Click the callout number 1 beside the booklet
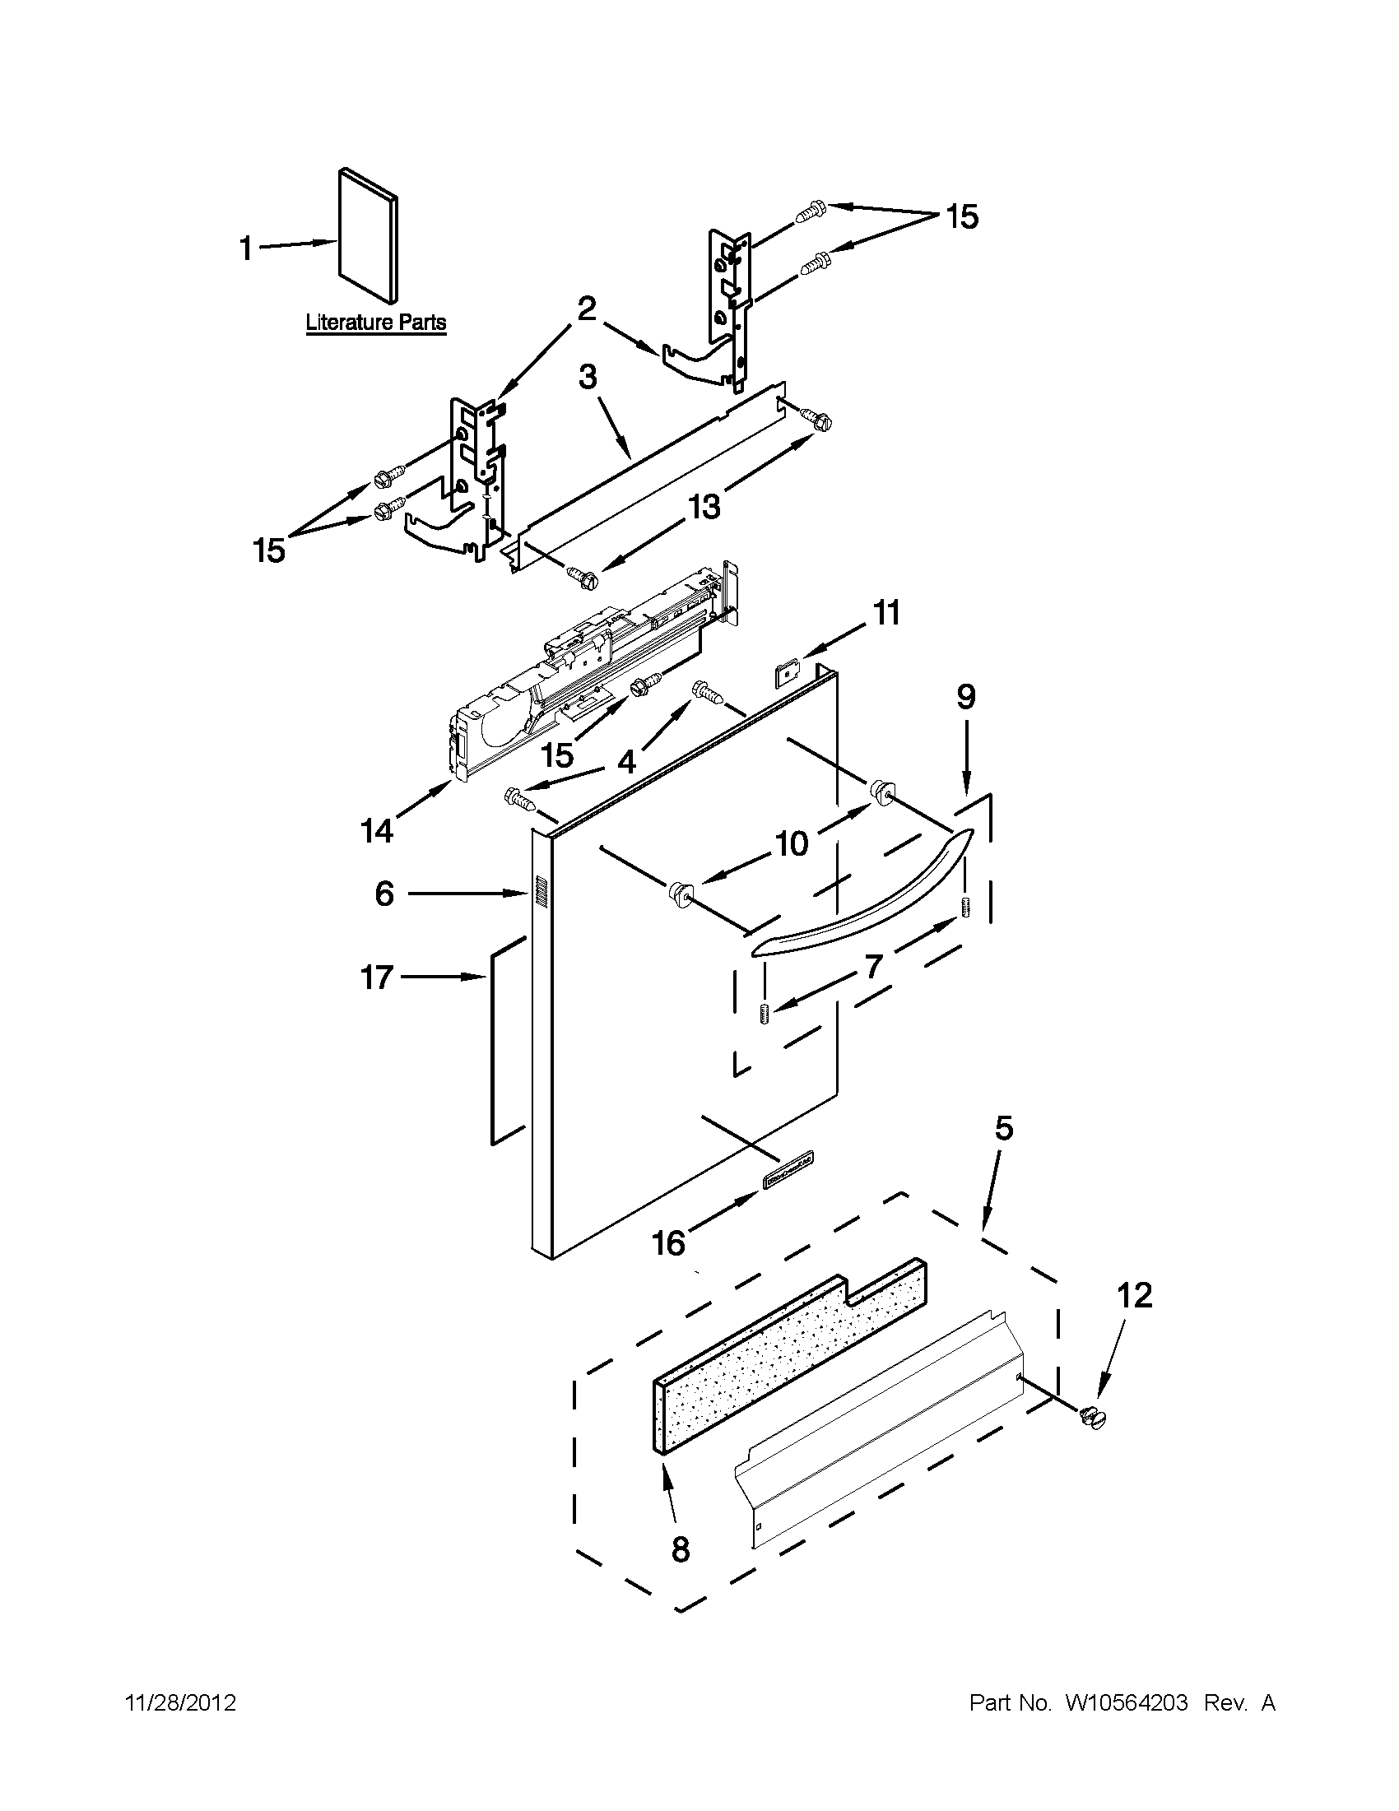(x=245, y=248)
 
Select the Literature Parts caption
(x=375, y=323)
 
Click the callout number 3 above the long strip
(x=587, y=378)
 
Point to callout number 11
(x=886, y=614)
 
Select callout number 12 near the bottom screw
(x=1135, y=1295)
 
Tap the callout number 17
(x=376, y=977)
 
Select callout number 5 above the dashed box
(x=1003, y=1129)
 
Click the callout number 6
(x=384, y=894)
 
